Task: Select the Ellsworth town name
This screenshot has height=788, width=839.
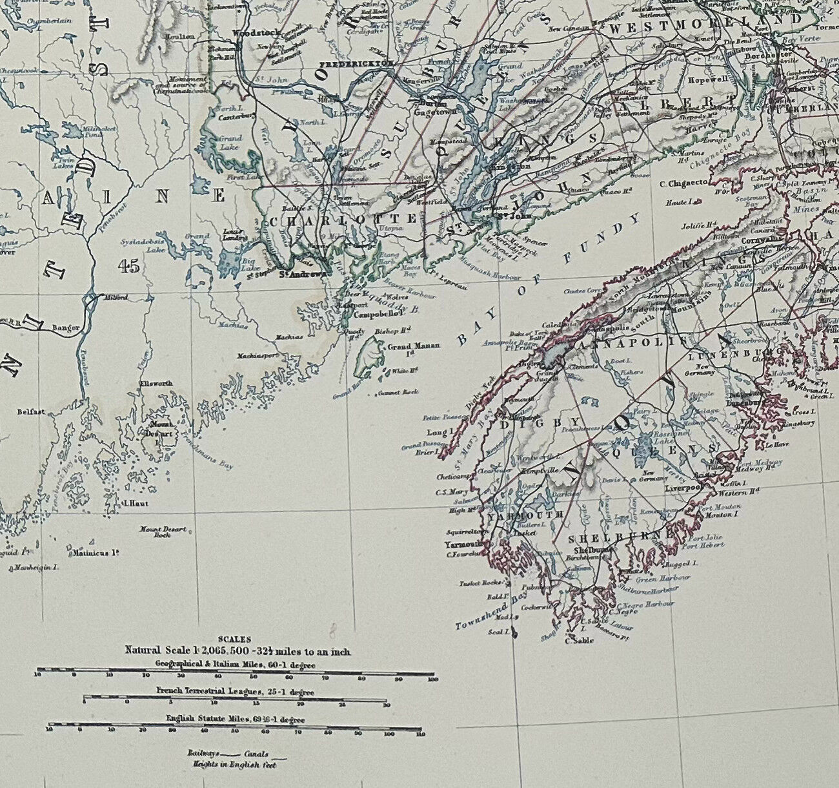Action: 157,384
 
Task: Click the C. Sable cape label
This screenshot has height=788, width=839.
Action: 578,641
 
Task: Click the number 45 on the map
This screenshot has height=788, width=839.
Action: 129,267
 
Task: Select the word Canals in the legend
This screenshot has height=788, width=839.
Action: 256,753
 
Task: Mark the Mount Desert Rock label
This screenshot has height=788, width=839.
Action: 163,532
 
